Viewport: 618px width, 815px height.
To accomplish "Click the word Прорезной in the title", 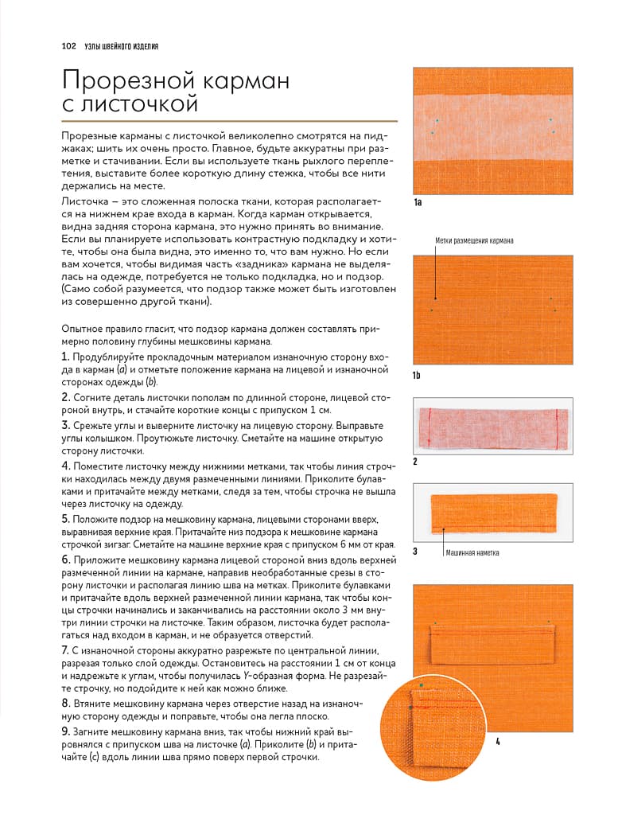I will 130,80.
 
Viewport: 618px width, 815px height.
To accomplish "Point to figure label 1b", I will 418,374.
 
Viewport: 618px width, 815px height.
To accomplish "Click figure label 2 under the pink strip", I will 415,461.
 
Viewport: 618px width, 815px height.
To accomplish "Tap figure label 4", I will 497,742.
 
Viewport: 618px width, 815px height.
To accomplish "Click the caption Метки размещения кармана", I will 474,240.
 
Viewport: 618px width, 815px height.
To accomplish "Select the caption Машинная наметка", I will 472,552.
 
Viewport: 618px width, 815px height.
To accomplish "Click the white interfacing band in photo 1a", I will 493,126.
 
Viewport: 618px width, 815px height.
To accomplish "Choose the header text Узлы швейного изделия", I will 119,46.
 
